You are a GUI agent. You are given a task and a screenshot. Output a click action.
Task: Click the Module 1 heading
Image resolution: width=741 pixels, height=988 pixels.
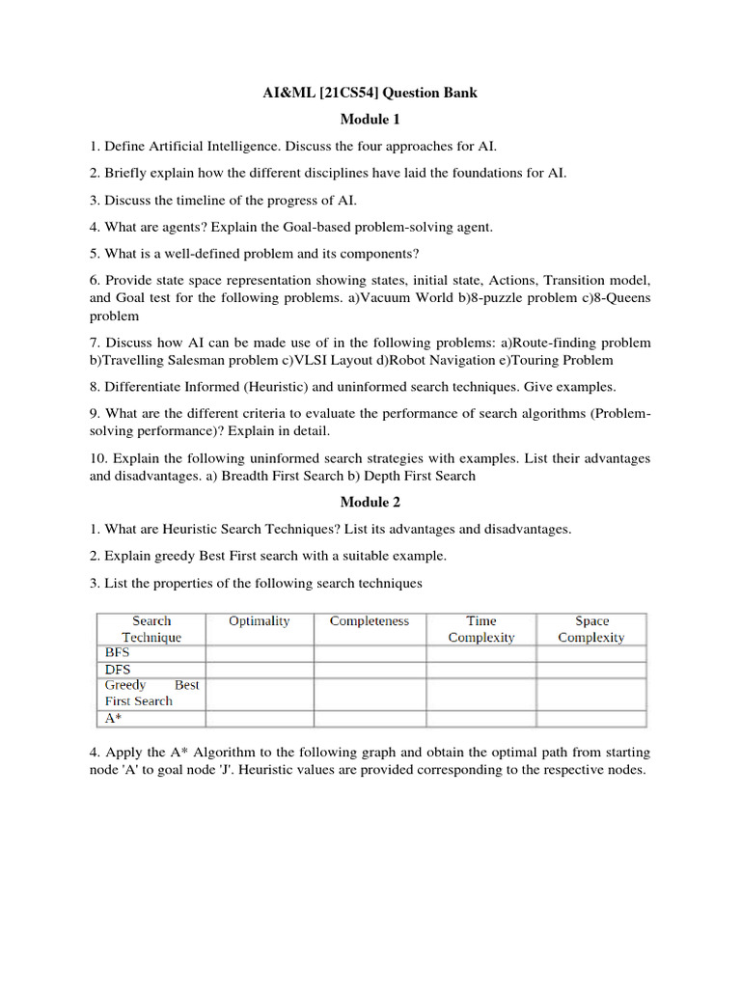(370, 119)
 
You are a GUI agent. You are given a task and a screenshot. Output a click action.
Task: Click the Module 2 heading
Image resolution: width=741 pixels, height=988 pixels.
(370, 502)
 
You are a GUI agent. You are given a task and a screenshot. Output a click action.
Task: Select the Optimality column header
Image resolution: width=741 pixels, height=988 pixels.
(259, 621)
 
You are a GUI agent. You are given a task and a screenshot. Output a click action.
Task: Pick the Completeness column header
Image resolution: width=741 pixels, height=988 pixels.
(370, 621)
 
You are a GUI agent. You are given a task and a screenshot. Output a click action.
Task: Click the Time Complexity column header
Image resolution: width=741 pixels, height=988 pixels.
(481, 629)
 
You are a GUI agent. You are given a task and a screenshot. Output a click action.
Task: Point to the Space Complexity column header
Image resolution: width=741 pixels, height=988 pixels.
(591, 629)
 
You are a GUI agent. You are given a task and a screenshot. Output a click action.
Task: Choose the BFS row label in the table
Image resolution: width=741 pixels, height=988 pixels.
(117, 652)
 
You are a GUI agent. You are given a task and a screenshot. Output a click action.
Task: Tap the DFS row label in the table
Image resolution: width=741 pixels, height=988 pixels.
(118, 669)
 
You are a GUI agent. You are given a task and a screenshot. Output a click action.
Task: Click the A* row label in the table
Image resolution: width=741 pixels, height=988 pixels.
(114, 718)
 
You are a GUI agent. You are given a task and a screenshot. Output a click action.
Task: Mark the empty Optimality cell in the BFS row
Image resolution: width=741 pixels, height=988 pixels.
(260, 653)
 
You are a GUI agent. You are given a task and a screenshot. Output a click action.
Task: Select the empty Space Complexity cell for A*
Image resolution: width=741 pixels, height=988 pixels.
(591, 719)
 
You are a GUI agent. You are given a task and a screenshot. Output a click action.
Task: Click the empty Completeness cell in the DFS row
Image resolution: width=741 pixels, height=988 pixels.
(370, 670)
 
